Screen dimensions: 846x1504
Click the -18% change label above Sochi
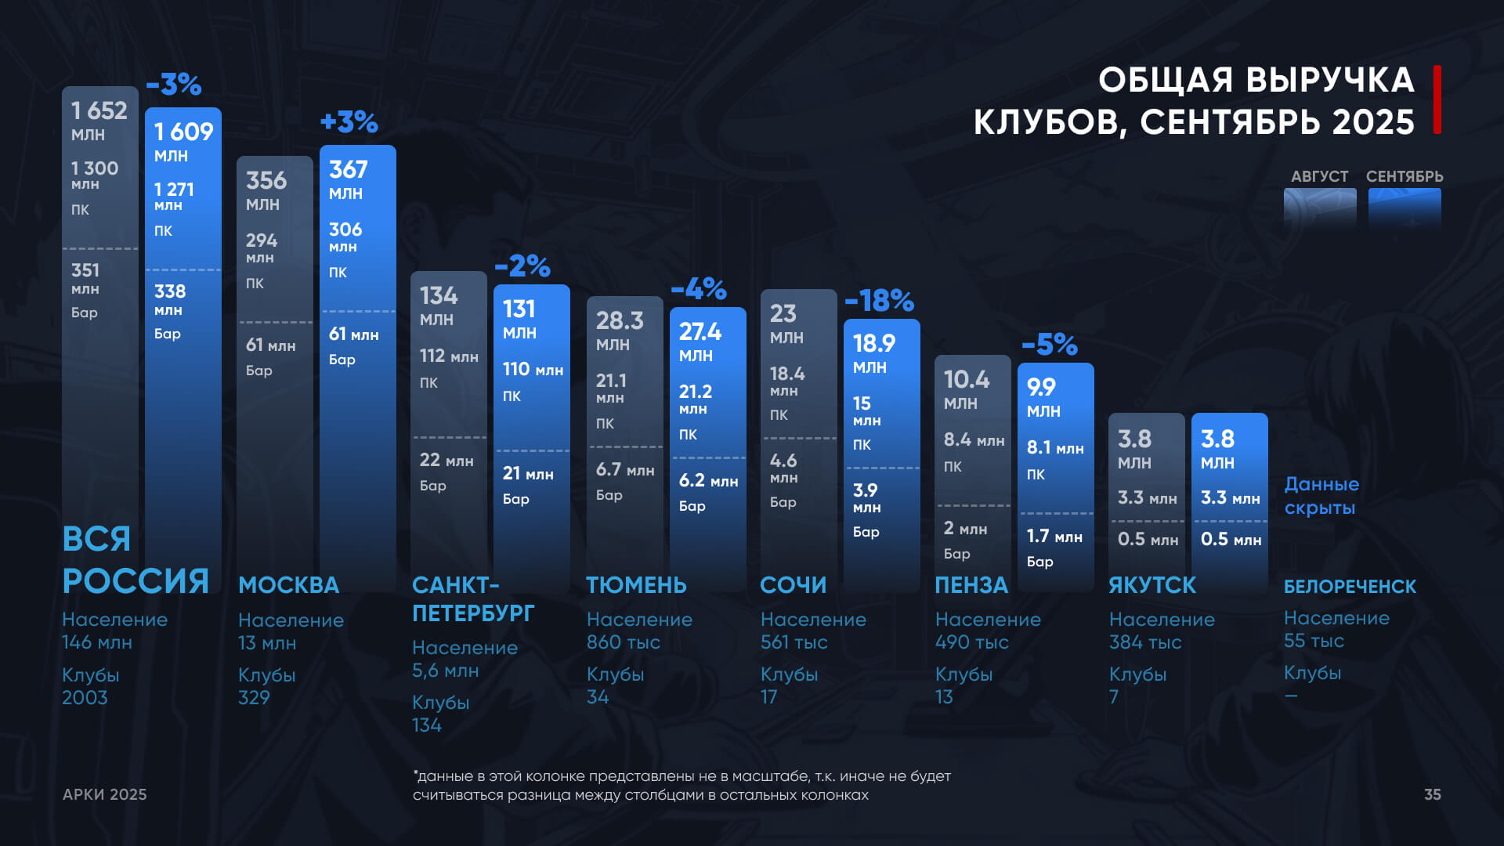pyautogui.click(x=879, y=300)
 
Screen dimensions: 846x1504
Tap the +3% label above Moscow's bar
pyautogui.click(x=349, y=122)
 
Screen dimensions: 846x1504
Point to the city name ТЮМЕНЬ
pyautogui.click(x=636, y=585)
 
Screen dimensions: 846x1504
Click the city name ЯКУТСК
pyautogui.click(x=1151, y=585)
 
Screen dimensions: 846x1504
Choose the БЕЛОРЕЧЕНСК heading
pyautogui.click(x=1350, y=586)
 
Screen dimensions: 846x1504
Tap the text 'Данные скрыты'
pyautogui.click(x=1321, y=496)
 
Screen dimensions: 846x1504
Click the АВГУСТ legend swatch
pyautogui.click(x=1320, y=208)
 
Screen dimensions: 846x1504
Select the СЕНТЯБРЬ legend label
pyautogui.click(x=1405, y=176)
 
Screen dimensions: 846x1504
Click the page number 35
pyautogui.click(x=1432, y=794)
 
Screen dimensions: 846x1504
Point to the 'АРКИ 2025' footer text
pyautogui.click(x=105, y=794)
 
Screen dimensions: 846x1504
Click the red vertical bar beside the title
pyautogui.click(x=1437, y=99)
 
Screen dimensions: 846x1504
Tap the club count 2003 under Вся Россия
pyautogui.click(x=85, y=697)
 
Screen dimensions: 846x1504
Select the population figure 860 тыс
pyautogui.click(x=623, y=642)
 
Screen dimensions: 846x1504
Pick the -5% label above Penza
pyautogui.click(x=1049, y=344)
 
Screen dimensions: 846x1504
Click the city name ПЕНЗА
pyautogui.click(x=971, y=585)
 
